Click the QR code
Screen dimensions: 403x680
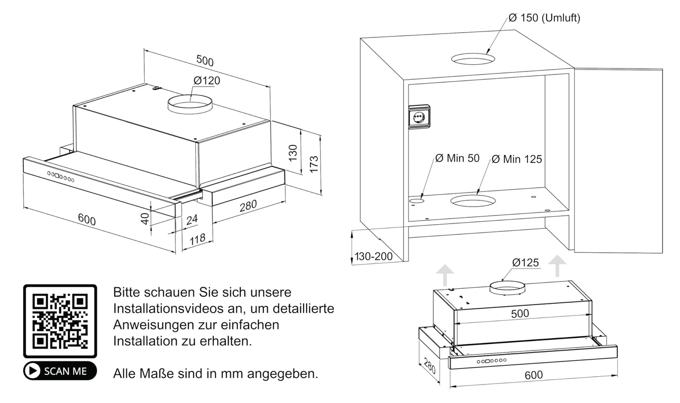60,321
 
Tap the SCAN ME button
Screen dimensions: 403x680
60,371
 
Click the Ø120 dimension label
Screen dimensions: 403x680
206,81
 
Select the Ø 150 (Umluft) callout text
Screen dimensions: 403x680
544,18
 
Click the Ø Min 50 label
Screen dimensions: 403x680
457,158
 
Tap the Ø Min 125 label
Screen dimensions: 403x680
517,159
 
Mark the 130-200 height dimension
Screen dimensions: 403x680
374,256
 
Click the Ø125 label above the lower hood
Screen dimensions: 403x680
526,263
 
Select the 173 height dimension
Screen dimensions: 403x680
314,164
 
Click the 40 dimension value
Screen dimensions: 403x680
145,219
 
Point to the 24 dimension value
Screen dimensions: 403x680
192,220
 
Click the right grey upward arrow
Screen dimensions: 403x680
557,266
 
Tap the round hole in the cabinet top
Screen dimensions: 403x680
473,59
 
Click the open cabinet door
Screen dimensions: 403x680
618,160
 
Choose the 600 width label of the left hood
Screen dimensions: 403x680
87,219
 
